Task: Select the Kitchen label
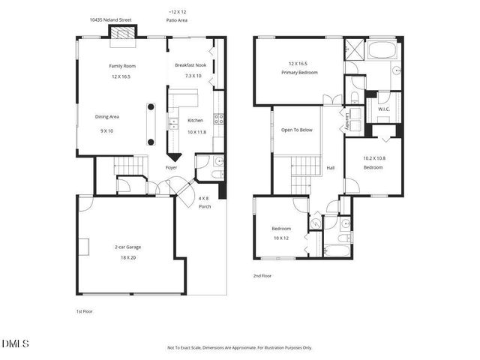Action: [195, 121]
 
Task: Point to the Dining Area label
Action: [107, 117]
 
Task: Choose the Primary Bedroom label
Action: [300, 73]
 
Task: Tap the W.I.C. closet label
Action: [384, 109]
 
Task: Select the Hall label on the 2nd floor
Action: [330, 168]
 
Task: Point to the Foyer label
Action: [171, 168]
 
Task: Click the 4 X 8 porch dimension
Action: [203, 198]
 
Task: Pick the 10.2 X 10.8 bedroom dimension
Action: [373, 158]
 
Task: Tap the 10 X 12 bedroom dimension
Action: [280, 238]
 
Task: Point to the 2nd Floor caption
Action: [262, 276]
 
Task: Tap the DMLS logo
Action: [15, 343]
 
